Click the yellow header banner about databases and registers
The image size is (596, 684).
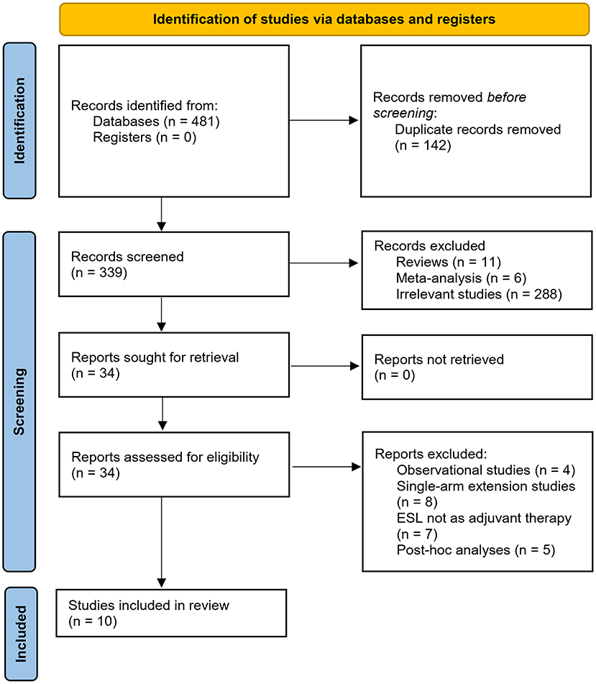click(x=324, y=19)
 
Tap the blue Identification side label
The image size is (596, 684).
click(x=19, y=121)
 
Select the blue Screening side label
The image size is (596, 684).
click(x=19, y=401)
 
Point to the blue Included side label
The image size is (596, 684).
click(x=21, y=634)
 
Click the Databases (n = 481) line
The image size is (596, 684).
click(x=156, y=122)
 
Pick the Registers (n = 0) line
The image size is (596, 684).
click(x=145, y=137)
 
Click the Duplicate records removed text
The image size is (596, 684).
click(x=478, y=129)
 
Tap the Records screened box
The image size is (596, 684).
click(x=174, y=265)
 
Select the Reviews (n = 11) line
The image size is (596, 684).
click(x=448, y=263)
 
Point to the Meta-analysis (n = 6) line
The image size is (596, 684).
click(x=461, y=278)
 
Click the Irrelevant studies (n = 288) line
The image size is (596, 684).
click(x=479, y=294)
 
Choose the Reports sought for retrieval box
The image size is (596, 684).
click(x=174, y=365)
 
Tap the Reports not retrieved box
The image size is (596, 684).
click(x=477, y=368)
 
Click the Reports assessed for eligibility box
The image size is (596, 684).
click(x=174, y=465)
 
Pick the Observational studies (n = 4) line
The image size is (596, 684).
click(x=486, y=470)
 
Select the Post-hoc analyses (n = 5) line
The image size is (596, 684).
click(x=476, y=550)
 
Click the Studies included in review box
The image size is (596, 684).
click(x=171, y=614)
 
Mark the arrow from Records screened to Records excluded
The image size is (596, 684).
click(x=324, y=263)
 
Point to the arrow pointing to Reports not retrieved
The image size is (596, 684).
click(x=325, y=366)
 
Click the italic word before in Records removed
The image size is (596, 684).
click(x=507, y=97)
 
